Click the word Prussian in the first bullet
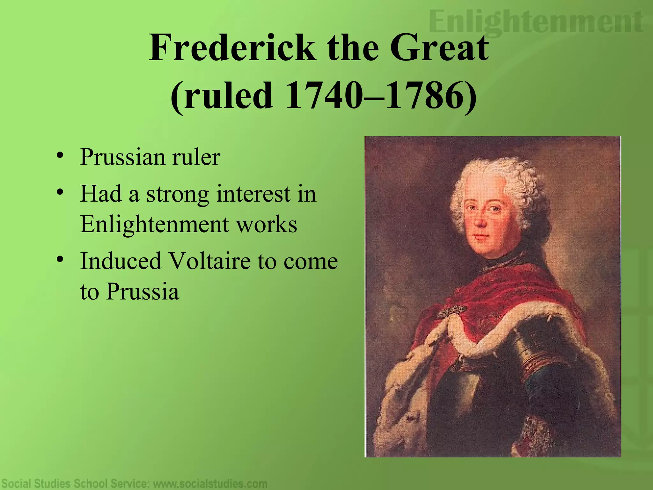[123, 157]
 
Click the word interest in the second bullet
[253, 194]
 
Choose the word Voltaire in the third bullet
[210, 261]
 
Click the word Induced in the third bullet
[121, 261]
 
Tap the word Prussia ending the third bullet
[142, 292]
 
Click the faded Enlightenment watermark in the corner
[536, 22]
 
